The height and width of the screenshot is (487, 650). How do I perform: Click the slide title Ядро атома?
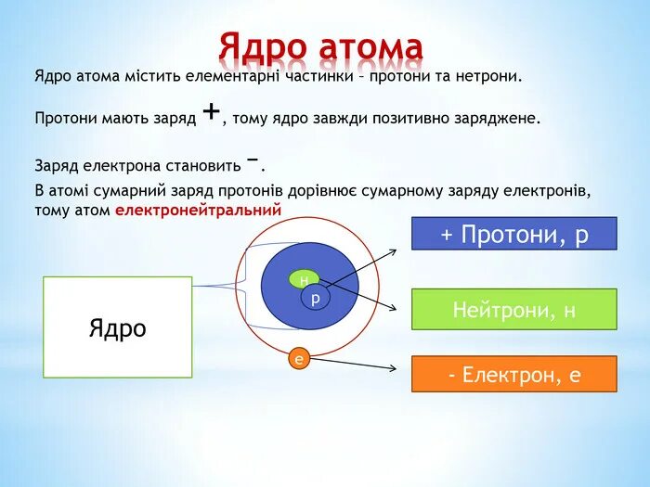tap(321, 46)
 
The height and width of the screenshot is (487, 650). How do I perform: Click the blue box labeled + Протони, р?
tap(513, 235)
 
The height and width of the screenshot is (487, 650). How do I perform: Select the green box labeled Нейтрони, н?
tap(513, 310)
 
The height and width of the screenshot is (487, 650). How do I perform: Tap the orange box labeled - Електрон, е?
tap(513, 374)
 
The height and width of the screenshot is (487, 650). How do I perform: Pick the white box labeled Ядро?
tap(118, 327)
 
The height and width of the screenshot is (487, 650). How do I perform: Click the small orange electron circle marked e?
tap(298, 358)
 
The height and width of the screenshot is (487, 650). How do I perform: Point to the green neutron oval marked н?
tap(304, 279)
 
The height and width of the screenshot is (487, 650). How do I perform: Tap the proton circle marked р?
tap(315, 299)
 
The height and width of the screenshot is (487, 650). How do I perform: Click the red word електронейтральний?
tap(198, 211)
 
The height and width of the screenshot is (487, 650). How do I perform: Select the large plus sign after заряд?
tap(211, 112)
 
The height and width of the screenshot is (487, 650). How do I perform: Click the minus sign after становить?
tap(252, 160)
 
